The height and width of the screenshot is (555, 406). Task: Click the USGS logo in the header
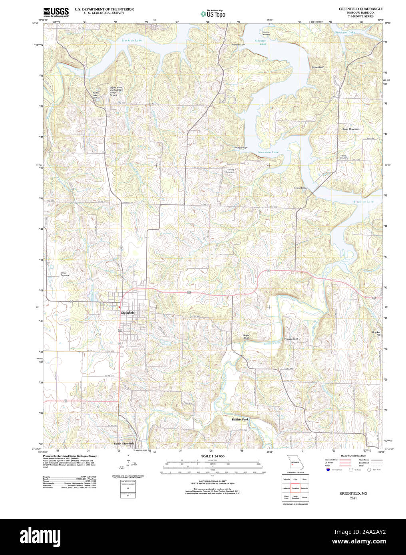(x=56, y=12)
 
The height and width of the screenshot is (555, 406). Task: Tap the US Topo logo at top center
(x=213, y=14)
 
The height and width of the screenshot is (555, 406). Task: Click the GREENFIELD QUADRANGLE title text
(x=360, y=9)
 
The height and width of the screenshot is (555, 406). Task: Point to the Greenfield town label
(x=127, y=312)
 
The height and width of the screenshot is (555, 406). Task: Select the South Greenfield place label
(x=124, y=444)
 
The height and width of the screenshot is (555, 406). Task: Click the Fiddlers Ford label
(x=240, y=419)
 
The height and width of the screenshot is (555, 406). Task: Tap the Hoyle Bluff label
(x=246, y=337)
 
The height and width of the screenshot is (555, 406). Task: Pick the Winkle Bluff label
(x=291, y=339)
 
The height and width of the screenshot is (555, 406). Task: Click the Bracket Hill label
(x=376, y=333)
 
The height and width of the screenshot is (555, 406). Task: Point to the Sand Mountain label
(x=350, y=129)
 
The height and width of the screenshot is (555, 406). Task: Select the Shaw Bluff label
(x=317, y=67)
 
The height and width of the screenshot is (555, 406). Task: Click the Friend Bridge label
(x=301, y=188)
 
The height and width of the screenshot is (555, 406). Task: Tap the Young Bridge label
(x=241, y=147)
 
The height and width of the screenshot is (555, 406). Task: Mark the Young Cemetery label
(x=230, y=171)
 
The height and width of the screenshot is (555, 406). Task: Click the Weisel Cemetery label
(x=65, y=274)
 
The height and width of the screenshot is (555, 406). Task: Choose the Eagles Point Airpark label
(x=116, y=91)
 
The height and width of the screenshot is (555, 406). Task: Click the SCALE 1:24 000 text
(x=213, y=456)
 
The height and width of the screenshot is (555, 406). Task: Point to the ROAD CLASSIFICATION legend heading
(x=353, y=456)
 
